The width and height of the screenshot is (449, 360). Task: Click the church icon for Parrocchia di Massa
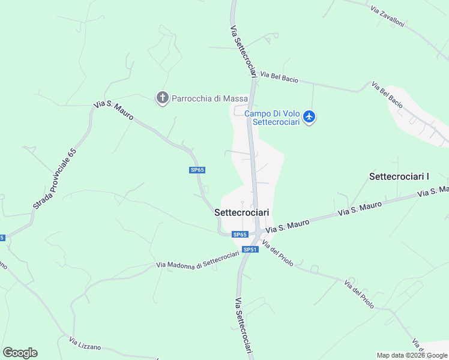pyautogui.click(x=161, y=98)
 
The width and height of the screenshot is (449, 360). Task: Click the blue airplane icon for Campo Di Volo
pyautogui.click(x=309, y=116)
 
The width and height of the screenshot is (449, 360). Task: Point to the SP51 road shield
pyautogui.click(x=250, y=250)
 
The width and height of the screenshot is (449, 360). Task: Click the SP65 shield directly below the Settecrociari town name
pyautogui.click(x=240, y=235)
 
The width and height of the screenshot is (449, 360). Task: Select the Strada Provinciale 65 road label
pyautogui.click(x=55, y=179)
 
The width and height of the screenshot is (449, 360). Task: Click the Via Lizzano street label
pyautogui.click(x=85, y=343)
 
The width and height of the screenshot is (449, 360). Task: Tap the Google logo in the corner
pyautogui.click(x=20, y=353)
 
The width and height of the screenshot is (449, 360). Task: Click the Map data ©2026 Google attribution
pyautogui.click(x=412, y=355)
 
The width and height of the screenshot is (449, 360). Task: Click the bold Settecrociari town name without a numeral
pyautogui.click(x=242, y=212)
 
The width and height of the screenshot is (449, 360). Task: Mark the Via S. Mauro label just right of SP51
pyautogui.click(x=288, y=226)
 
